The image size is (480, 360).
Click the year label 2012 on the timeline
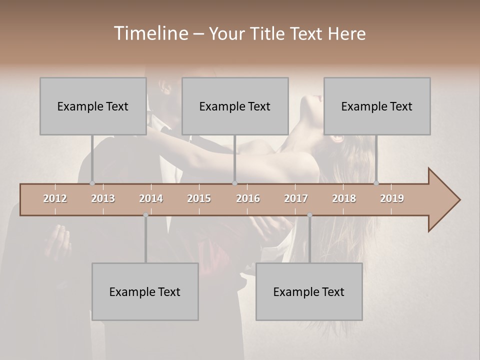coord(55,198)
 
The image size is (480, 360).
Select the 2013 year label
coord(103,198)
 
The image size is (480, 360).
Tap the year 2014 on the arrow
coord(151,198)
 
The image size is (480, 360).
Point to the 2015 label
coord(199,198)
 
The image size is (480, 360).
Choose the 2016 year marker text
coord(248,198)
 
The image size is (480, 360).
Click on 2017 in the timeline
coord(296,198)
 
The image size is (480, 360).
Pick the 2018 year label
coord(344,198)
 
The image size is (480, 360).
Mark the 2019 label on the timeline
coord(392,198)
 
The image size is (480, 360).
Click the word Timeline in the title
coord(150,33)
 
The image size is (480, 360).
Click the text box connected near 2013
coord(93,106)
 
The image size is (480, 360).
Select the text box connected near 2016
coord(235,106)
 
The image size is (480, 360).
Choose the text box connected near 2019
coord(377,106)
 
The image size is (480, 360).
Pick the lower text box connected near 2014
coord(145,292)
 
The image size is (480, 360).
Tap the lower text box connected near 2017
coord(309,292)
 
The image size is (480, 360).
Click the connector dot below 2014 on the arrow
coord(145,215)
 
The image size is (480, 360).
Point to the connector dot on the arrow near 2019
coord(376,183)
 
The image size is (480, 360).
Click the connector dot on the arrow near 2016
coord(234,183)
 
